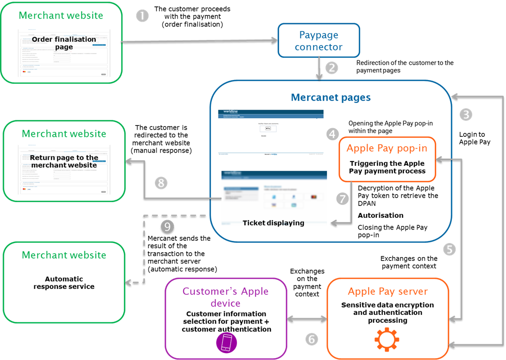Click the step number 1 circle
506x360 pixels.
point(142,16)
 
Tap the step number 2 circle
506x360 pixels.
point(332,68)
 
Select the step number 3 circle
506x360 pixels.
point(466,115)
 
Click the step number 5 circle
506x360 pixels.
point(450,249)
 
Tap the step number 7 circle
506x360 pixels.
point(343,199)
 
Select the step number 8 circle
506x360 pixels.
point(161,183)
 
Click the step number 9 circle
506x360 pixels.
point(168,227)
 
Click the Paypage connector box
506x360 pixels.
point(319,41)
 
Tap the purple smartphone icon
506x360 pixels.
point(226,342)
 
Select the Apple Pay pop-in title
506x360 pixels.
point(387,148)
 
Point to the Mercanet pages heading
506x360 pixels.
point(330,97)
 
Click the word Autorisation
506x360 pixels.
point(380,215)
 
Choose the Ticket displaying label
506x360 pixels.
point(273,223)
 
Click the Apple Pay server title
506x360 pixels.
point(387,291)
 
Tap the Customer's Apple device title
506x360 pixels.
point(226,297)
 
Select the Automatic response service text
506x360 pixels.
point(64,283)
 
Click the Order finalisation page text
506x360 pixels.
point(64,43)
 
